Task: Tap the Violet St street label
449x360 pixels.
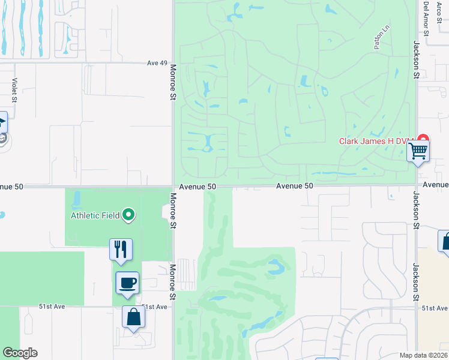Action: (x=13, y=91)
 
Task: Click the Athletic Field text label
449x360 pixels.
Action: (x=96, y=215)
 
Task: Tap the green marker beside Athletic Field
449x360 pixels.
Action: (x=128, y=215)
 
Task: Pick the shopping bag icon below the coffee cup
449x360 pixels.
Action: (x=133, y=317)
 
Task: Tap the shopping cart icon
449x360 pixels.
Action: (x=418, y=151)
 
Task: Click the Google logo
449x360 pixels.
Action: (x=20, y=353)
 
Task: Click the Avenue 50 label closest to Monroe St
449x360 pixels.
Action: (x=196, y=187)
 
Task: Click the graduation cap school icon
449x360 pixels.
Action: (x=2, y=124)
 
